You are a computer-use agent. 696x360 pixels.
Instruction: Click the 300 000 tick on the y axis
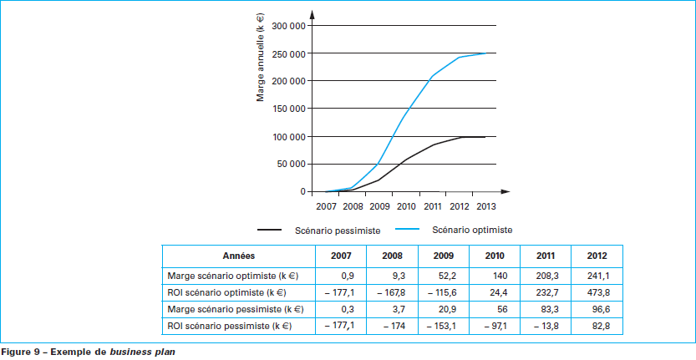pyautogui.click(x=290, y=26)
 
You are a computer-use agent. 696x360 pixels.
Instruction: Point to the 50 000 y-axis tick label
pyautogui.click(x=292, y=165)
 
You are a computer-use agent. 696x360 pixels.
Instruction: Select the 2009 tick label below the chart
pyautogui.click(x=378, y=205)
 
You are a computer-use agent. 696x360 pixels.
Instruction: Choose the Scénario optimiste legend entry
pyautogui.click(x=472, y=229)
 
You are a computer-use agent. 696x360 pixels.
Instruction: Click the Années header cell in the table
pyautogui.click(x=239, y=256)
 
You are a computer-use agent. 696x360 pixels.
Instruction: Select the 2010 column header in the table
pyautogui.click(x=495, y=256)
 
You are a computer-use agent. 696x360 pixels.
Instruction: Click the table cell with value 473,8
pyautogui.click(x=597, y=293)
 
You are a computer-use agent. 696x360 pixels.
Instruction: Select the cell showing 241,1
pyautogui.click(x=597, y=275)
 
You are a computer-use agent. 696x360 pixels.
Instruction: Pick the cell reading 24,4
pyautogui.click(x=495, y=293)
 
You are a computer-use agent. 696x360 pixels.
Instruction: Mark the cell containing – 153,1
pyautogui.click(x=443, y=326)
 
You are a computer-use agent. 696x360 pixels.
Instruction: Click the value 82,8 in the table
pyautogui.click(x=597, y=326)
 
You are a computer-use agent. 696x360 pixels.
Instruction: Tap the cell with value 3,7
pyautogui.click(x=393, y=309)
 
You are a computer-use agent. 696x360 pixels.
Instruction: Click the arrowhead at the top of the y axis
pyautogui.click(x=312, y=13)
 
